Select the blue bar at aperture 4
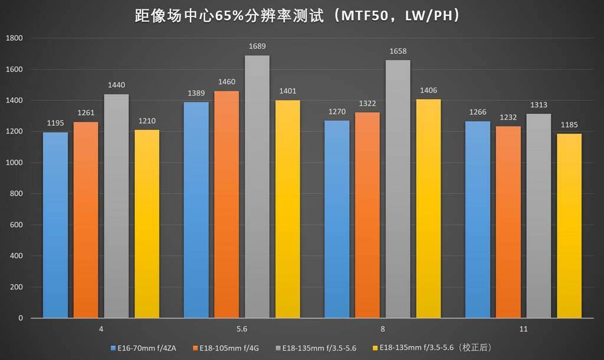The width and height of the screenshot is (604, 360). (x=55, y=225)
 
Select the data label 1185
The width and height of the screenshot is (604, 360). (x=569, y=126)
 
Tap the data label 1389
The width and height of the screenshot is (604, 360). (x=196, y=94)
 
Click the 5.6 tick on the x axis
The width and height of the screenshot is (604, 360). (x=242, y=329)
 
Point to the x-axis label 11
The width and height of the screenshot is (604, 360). (x=523, y=329)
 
